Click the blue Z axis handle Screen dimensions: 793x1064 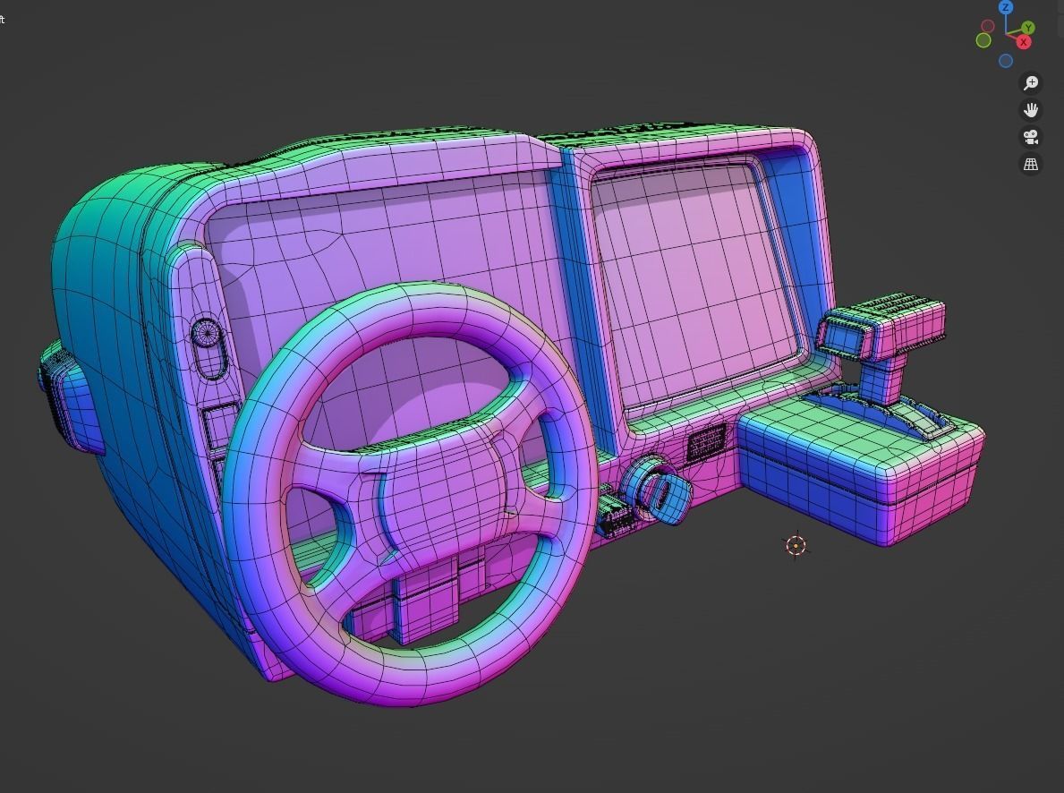tap(1006, 7)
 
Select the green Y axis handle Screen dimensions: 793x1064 tap(1028, 28)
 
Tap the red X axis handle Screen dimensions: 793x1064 tap(1024, 42)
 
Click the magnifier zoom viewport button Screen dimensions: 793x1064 tap(1031, 83)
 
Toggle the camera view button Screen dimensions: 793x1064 tap(1031, 137)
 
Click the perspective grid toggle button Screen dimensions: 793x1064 tap(1031, 165)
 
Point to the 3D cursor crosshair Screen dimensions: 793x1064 tap(796, 545)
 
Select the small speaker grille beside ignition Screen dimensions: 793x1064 tap(706, 443)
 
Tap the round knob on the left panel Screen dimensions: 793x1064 tap(206, 334)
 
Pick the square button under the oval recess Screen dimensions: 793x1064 tap(220, 426)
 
